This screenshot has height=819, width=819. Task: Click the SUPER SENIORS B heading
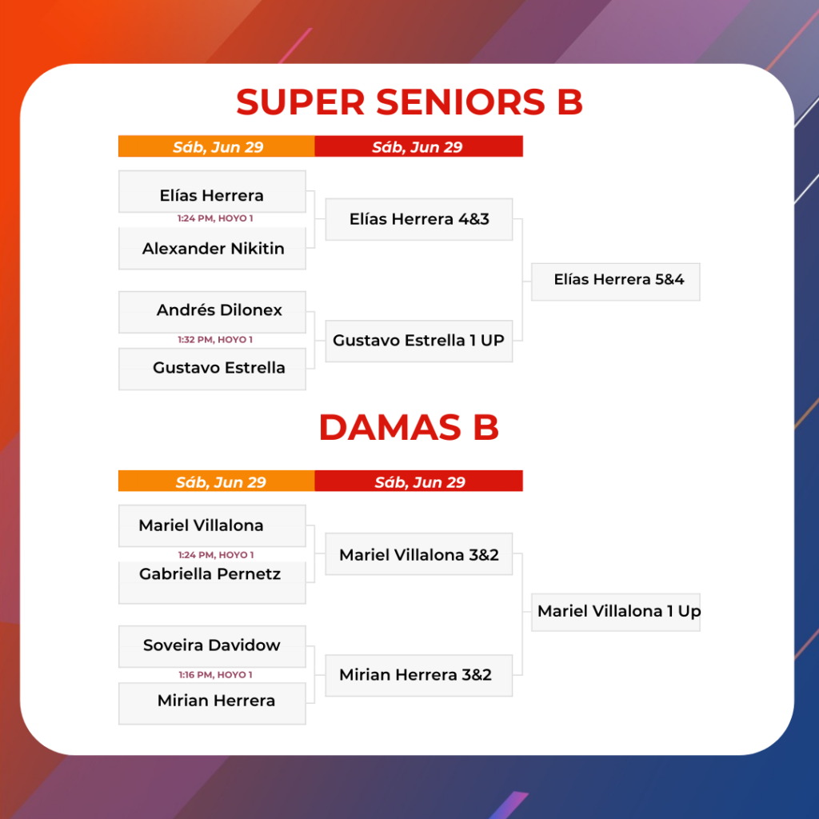click(x=409, y=102)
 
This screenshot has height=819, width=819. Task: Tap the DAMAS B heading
click(x=409, y=427)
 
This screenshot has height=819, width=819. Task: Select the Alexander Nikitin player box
click(x=212, y=248)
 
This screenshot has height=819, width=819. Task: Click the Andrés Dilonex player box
click(x=212, y=312)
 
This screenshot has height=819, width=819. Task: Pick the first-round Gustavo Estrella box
click(x=212, y=369)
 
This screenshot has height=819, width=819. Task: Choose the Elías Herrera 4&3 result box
click(x=419, y=219)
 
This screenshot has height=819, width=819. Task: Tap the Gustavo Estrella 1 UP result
click(x=419, y=341)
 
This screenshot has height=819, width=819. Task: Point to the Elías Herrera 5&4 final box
click(x=616, y=282)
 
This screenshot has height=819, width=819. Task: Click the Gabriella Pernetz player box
click(x=212, y=582)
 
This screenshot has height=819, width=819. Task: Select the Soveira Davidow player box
click(x=212, y=646)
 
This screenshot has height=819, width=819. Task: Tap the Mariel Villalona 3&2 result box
click(x=419, y=553)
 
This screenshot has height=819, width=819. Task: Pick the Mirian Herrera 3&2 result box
click(x=419, y=675)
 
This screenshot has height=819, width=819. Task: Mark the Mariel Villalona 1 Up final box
click(x=616, y=612)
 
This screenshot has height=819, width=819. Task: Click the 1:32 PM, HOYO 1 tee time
click(x=215, y=339)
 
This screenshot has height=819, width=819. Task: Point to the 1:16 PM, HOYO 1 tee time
click(x=215, y=675)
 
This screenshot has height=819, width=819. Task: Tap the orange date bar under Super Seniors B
click(x=216, y=146)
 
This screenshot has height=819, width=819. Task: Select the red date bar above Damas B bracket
click(x=418, y=481)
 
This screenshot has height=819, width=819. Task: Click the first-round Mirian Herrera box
click(x=212, y=703)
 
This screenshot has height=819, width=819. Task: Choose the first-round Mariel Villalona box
click(x=212, y=525)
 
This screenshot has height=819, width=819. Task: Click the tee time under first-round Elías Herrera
click(x=215, y=218)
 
